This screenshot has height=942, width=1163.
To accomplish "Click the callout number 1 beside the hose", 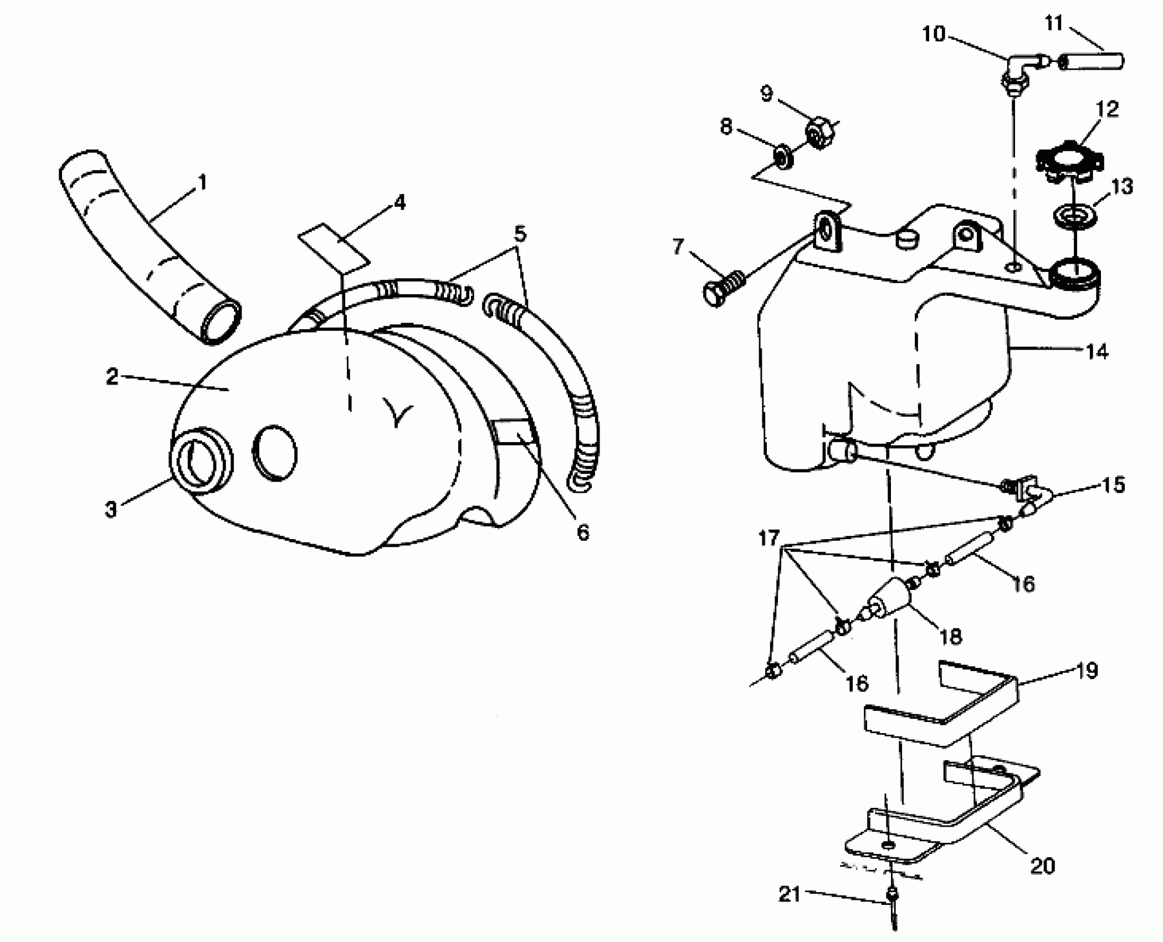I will click(202, 182).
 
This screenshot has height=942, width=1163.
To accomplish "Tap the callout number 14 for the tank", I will click(1097, 351).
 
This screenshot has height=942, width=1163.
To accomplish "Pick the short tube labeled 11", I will click(1092, 61).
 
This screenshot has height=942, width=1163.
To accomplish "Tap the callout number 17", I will click(769, 537).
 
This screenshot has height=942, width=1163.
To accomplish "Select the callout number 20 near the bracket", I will click(1042, 866).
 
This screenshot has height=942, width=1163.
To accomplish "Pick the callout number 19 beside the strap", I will click(1087, 670).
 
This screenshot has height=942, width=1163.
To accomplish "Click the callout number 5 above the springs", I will click(519, 233).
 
